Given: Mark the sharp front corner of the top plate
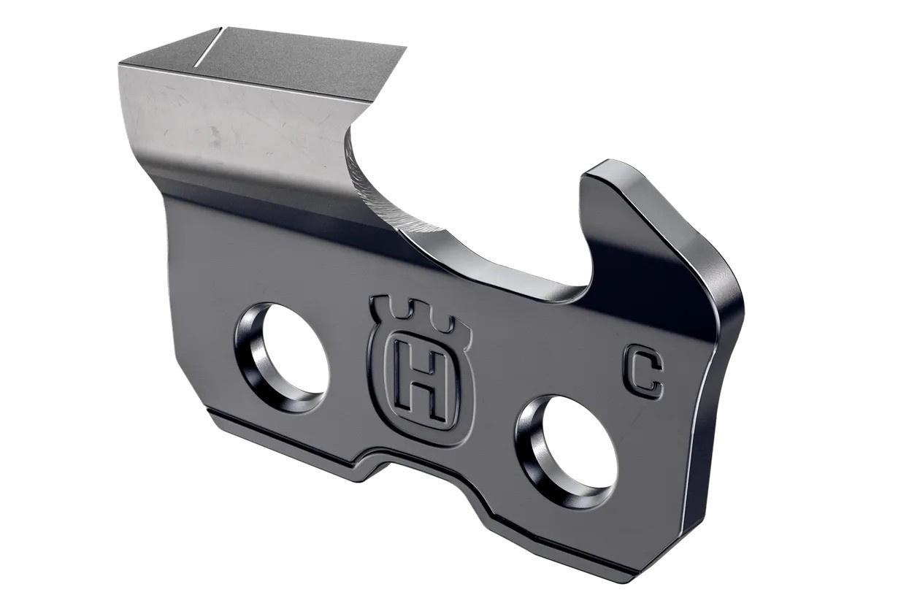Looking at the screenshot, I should point(404,48).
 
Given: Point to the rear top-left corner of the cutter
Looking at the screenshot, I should point(121,64).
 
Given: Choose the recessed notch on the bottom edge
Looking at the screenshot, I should point(431,478).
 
